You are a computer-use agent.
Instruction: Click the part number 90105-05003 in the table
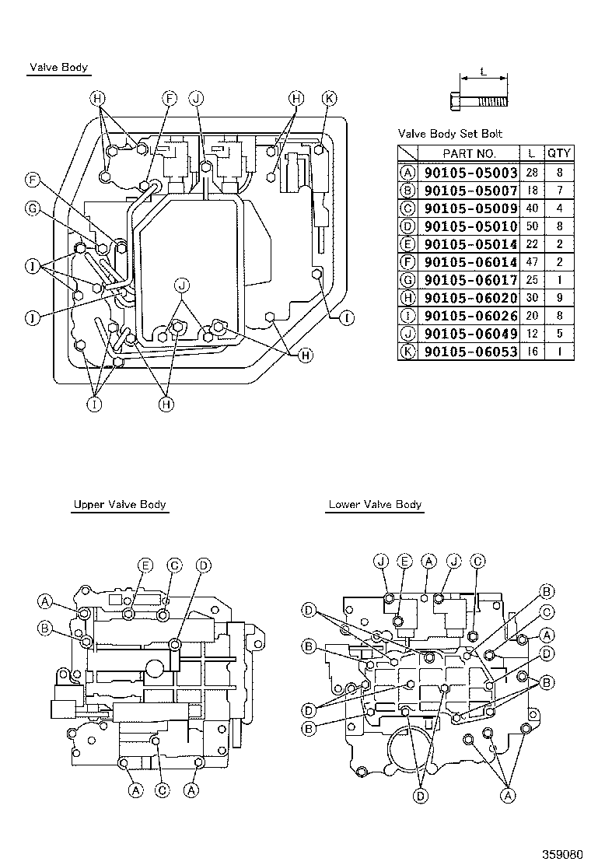click(469, 172)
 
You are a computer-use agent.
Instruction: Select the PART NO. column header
click(469, 153)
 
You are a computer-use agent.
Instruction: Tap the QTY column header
click(558, 153)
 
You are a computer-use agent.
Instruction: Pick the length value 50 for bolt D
click(531, 226)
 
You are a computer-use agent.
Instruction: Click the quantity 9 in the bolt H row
click(558, 297)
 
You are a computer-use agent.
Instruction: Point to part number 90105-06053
click(469, 352)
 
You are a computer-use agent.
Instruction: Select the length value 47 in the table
click(531, 261)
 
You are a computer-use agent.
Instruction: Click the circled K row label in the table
click(407, 352)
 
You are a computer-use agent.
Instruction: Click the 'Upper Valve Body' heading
click(120, 504)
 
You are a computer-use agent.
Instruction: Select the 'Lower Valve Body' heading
click(375, 504)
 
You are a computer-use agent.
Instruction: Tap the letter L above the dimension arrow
click(483, 72)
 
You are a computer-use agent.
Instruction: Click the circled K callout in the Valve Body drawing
click(329, 98)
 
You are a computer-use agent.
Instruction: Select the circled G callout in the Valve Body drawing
click(33, 208)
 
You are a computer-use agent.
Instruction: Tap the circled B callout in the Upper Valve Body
click(45, 628)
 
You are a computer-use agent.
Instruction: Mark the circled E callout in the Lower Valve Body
click(404, 560)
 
